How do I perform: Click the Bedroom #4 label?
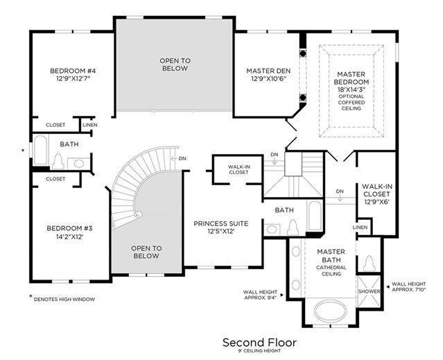click(73, 71)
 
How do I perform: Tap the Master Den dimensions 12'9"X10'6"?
click(268, 79)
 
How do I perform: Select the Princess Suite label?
click(221, 223)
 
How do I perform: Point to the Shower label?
click(369, 291)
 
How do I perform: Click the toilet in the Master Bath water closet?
click(369, 263)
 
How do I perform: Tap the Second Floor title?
click(259, 343)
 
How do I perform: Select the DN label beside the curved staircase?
click(182, 159)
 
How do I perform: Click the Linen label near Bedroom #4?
click(90, 125)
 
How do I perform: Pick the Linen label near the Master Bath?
click(361, 228)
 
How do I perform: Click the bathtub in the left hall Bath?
click(40, 150)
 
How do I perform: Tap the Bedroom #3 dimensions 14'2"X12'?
click(69, 237)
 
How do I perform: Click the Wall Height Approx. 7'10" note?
click(409, 286)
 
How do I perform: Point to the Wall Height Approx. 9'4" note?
click(261, 295)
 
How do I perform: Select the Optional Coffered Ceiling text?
click(351, 102)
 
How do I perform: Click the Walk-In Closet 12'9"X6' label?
click(377, 194)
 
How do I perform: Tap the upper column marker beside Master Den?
click(302, 53)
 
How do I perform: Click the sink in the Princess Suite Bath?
click(272, 229)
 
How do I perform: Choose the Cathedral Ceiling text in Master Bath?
click(331, 271)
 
